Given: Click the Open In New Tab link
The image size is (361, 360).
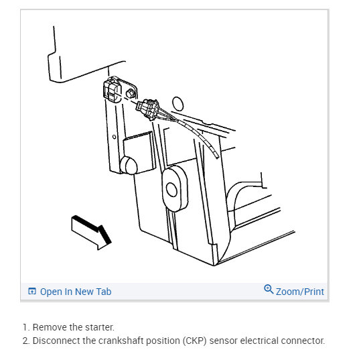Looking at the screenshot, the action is tap(76, 292).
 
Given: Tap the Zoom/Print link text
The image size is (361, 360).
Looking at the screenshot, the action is tap(300, 292).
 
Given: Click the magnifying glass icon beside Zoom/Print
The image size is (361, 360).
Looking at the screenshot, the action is tap(269, 289).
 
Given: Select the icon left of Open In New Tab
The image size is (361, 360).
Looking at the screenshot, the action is tap(32, 292).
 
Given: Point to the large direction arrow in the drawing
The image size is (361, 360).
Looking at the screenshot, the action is tap(91, 232).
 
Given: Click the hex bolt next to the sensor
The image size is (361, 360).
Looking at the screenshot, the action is tap(131, 93).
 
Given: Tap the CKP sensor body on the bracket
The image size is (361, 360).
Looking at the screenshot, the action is tap(112, 90).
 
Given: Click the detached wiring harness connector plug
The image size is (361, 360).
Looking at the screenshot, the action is tap(148, 109).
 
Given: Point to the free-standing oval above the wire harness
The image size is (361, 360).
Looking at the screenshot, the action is tap(178, 103).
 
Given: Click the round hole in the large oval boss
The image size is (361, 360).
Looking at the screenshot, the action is tap(171, 190).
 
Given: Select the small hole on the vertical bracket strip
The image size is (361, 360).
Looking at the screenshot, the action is tap(114, 137).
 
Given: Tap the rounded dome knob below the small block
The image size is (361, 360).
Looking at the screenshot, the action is tap(129, 165).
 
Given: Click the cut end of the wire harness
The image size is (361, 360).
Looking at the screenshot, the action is tap(216, 156).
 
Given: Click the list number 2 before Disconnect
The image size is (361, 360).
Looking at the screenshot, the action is tap(25, 341).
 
